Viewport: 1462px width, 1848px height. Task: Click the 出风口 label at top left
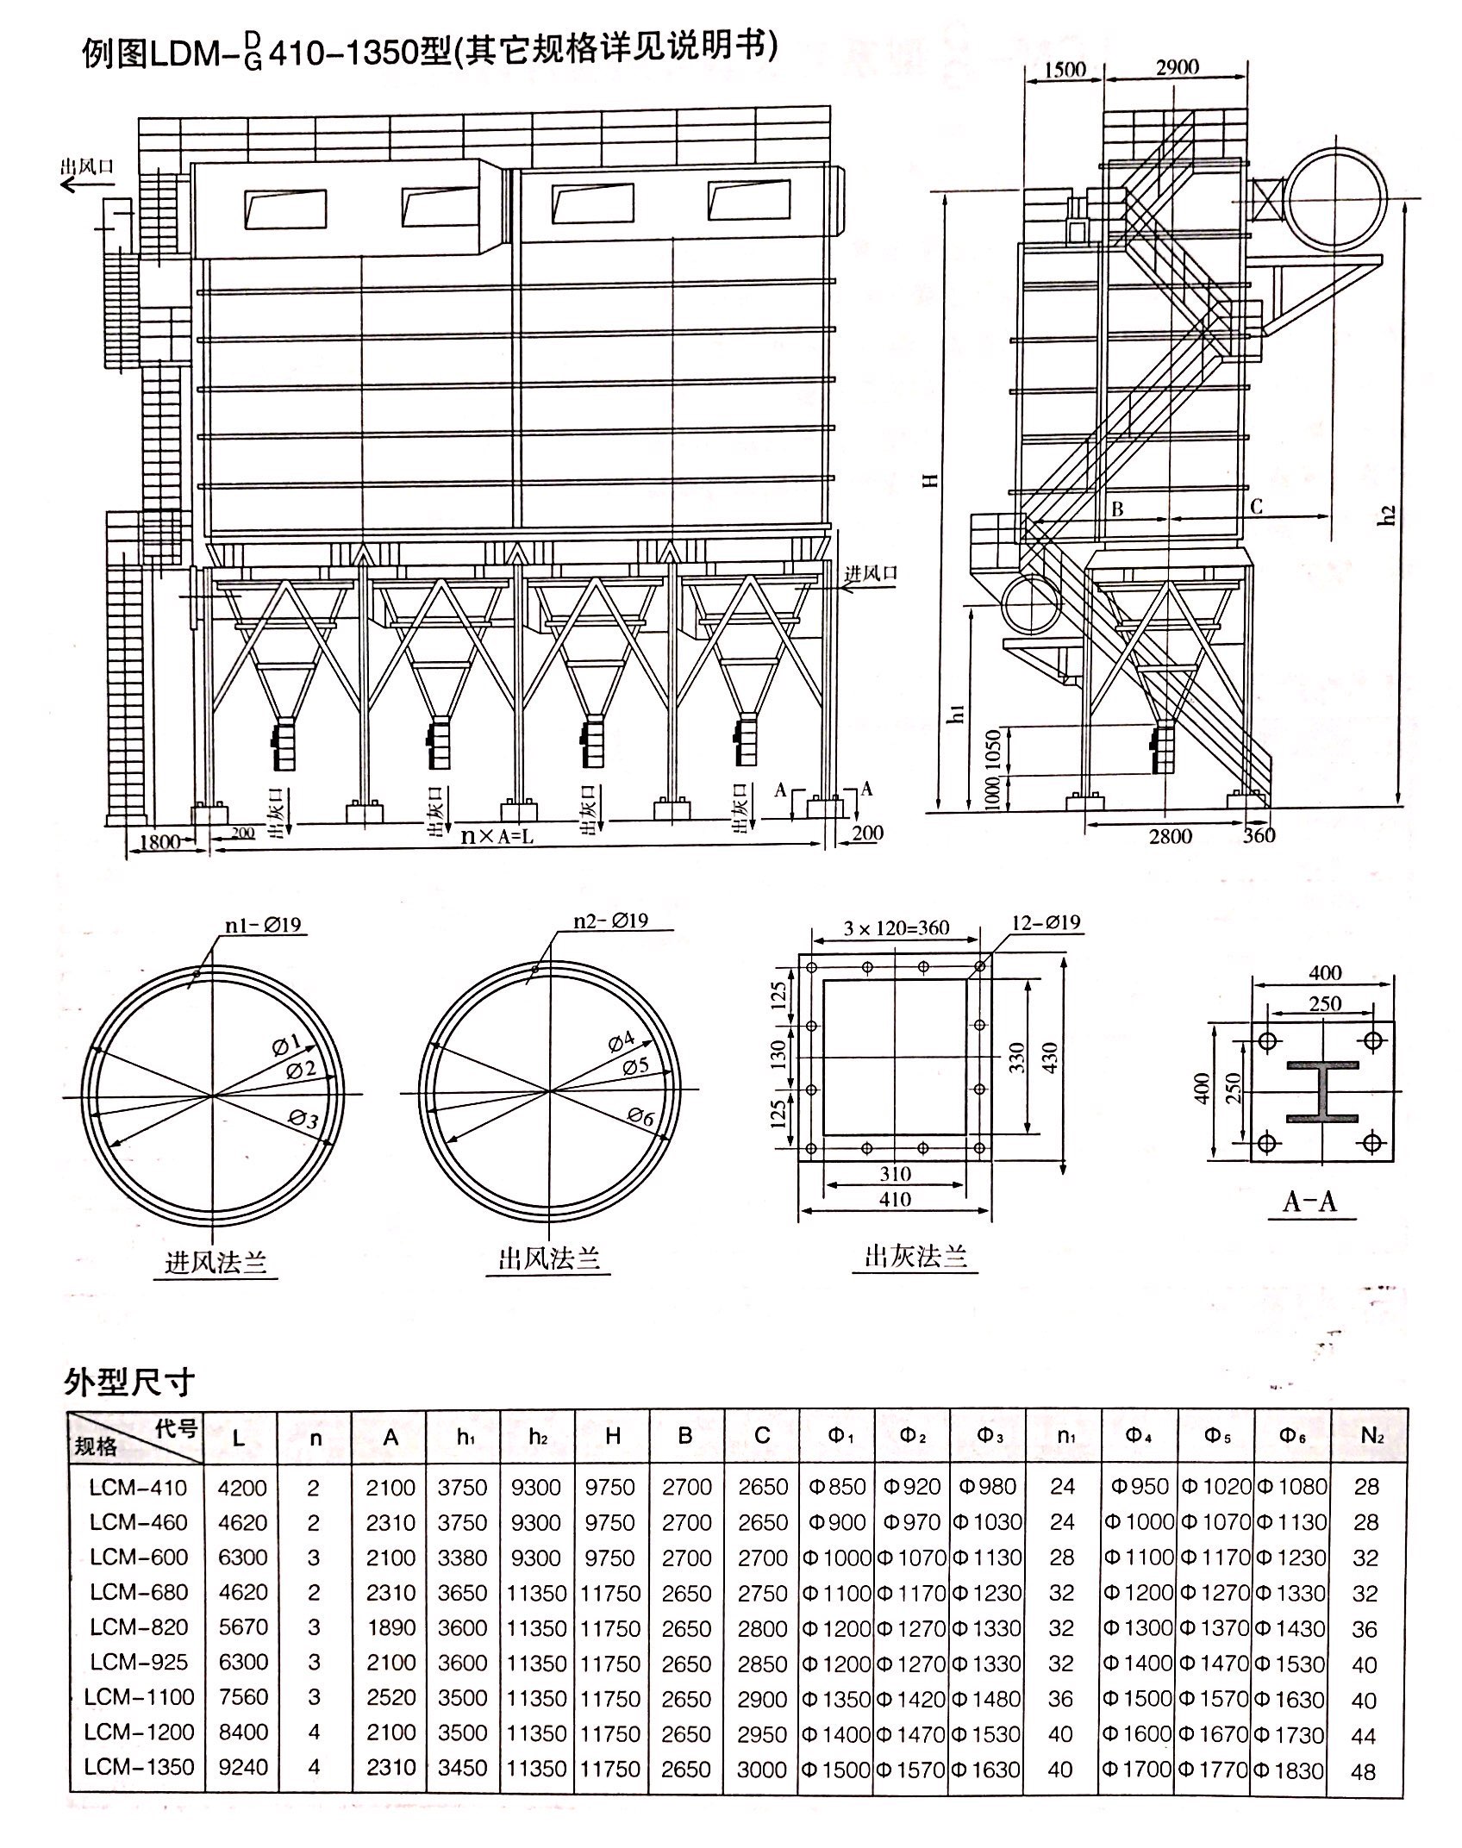86,166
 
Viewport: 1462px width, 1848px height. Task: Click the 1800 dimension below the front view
159,841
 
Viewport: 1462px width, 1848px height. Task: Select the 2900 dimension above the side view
1178,67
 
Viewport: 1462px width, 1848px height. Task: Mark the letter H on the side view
931,479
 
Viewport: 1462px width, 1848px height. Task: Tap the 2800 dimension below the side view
1171,835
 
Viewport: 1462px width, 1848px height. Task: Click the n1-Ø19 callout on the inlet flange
263,925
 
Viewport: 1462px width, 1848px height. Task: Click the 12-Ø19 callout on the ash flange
1046,921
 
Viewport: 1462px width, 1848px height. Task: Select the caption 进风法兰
216,1263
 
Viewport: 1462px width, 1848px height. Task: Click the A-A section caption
1309,1201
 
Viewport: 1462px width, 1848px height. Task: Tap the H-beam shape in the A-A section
1321,1091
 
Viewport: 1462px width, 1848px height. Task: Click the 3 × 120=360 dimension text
896,927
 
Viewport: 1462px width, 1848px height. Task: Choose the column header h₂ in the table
539,1437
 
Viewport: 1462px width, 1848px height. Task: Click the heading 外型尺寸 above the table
128,1382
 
